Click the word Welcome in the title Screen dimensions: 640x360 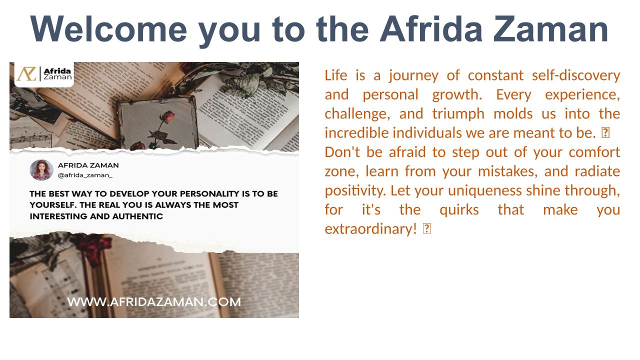click(108, 29)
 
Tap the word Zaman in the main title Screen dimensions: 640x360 click(551, 29)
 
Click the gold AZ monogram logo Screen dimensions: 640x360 click(26, 73)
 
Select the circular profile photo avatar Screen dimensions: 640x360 click(41, 170)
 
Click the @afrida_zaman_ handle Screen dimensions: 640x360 click(85, 175)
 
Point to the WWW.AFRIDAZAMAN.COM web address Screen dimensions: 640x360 click(154, 302)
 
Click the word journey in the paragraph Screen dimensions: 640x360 click(413, 76)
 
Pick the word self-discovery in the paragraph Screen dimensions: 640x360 click(575, 76)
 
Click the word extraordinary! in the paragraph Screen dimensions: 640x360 click(371, 229)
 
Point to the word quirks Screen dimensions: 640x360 click(459, 210)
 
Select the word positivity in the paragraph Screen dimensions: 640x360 click(355, 191)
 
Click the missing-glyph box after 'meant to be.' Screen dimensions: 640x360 click(605, 133)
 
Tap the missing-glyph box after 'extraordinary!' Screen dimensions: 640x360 click(426, 228)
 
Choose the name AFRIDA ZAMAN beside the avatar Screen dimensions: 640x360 click(88, 165)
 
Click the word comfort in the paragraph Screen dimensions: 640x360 click(594, 152)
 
